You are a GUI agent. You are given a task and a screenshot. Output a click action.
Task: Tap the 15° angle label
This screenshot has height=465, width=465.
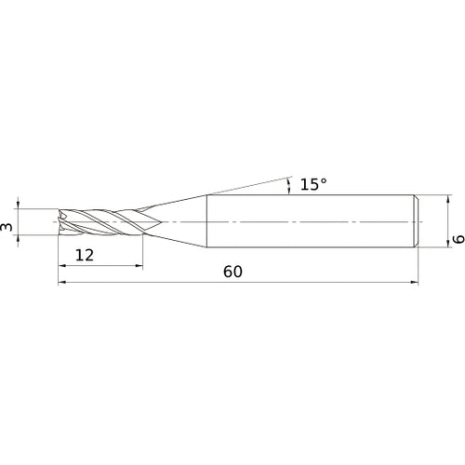(313, 185)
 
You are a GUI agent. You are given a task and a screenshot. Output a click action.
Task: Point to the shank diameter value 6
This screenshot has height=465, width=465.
(457, 239)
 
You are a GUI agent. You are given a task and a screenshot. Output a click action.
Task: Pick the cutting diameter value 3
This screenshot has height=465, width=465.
(8, 226)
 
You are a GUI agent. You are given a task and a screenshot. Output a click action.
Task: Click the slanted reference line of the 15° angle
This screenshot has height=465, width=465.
(251, 184)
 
